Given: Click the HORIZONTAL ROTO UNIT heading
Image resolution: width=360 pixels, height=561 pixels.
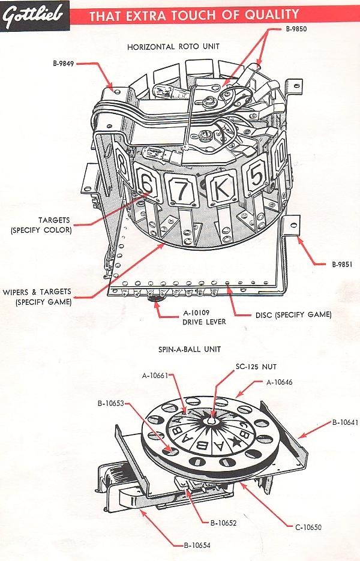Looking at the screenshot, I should pos(173,46).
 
